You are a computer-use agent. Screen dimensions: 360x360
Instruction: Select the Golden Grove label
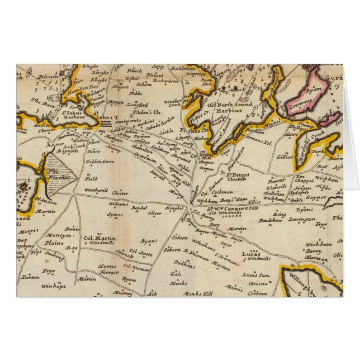pyautogui.click(x=100, y=162)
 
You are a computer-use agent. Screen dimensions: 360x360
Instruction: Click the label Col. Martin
pyautogui.click(x=100, y=239)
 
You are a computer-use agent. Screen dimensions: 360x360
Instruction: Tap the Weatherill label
pyautogui.click(x=96, y=190)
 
